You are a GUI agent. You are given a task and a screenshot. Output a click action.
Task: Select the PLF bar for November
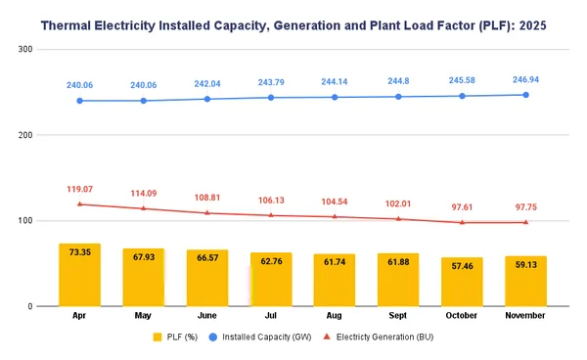[525, 282]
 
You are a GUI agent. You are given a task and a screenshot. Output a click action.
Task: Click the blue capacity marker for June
[207, 99]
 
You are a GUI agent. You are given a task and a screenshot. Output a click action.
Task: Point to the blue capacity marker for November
[525, 95]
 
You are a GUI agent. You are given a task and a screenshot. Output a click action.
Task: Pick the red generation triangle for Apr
[79, 203]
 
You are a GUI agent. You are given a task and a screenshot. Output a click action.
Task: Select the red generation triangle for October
[462, 222]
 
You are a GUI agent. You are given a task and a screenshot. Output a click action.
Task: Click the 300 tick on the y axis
[26, 50]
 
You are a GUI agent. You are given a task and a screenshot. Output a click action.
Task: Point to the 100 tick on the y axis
[26, 221]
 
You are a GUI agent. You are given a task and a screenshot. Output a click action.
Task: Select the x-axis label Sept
[398, 317]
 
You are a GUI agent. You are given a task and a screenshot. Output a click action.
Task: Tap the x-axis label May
[144, 317]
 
